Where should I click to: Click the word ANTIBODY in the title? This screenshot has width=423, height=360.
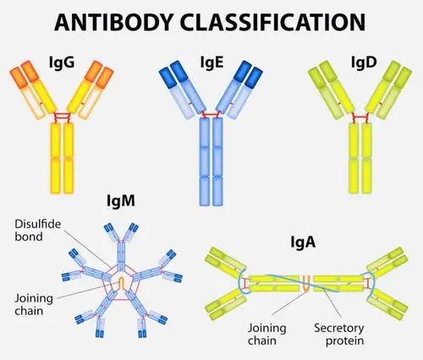point(113,22)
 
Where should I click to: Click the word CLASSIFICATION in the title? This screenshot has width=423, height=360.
point(272,22)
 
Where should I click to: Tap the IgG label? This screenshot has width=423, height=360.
point(62,63)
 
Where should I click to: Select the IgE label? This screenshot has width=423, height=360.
point(211,63)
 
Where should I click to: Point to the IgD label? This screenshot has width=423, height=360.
point(364,62)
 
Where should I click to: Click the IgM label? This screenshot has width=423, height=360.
point(121,200)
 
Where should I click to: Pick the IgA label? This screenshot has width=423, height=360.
point(303,242)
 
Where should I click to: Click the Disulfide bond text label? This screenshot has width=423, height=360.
point(38,230)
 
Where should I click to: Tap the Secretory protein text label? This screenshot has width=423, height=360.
point(339,334)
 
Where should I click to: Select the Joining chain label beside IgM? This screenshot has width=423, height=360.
point(34,304)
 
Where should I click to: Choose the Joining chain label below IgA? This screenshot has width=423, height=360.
point(266,334)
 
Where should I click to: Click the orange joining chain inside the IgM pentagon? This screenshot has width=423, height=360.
point(121,282)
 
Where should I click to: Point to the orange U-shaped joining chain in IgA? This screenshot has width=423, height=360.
point(306,283)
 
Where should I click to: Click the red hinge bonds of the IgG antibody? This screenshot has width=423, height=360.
point(62,117)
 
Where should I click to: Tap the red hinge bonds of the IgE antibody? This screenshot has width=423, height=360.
point(211,115)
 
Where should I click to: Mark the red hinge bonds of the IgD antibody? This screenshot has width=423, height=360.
point(360,117)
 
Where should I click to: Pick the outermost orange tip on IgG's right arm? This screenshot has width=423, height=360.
point(105,77)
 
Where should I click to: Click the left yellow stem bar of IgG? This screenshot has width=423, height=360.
point(55,158)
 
